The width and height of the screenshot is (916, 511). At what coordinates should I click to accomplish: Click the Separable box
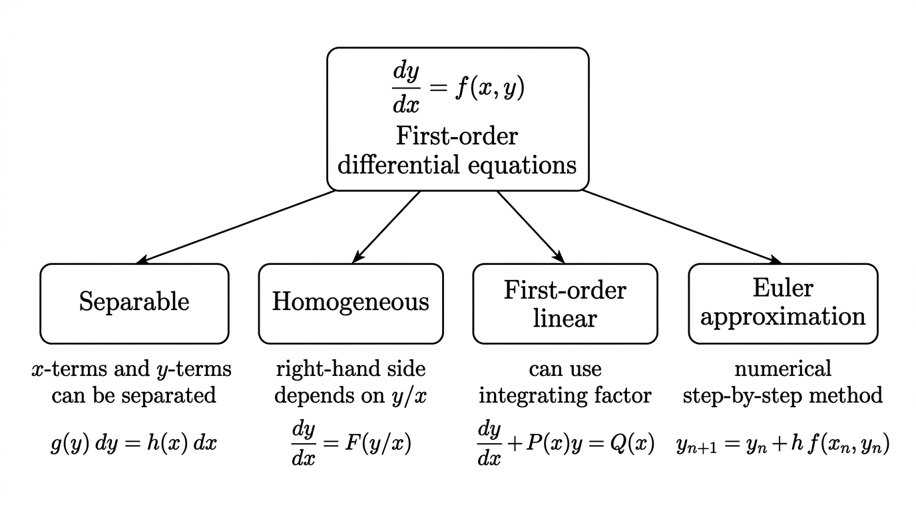coord(134,303)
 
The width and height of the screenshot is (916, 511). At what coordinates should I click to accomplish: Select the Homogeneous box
coord(351,303)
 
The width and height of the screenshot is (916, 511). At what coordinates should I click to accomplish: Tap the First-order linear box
coord(565,303)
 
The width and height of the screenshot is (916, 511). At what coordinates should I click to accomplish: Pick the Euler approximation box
coord(783,303)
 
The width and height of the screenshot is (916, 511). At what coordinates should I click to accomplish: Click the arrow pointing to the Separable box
coord(236,227)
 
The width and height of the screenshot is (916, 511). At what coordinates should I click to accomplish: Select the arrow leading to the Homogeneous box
coord(386,227)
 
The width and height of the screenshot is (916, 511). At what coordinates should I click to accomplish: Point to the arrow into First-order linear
coord(531,227)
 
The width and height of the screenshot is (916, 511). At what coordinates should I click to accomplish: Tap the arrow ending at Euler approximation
coord(682,227)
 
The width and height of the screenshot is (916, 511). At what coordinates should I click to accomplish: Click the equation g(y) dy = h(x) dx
coord(134,443)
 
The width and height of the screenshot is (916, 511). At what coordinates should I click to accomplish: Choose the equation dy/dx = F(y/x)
coord(351,444)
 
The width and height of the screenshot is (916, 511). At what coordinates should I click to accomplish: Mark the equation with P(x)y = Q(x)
coord(566,444)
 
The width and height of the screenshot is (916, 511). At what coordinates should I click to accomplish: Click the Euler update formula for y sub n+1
coord(783,444)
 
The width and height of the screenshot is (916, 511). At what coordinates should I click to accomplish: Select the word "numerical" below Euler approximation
coord(783,369)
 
